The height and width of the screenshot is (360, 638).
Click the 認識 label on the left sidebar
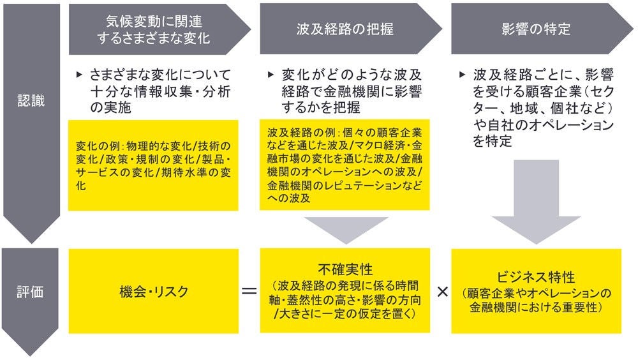tap(31, 101)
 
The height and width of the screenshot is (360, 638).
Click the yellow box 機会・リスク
tap(154, 292)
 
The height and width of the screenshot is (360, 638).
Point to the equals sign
tap(249, 292)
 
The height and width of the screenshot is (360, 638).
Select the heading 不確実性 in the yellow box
tap(345, 267)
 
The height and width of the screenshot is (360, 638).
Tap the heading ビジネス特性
tap(537, 278)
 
